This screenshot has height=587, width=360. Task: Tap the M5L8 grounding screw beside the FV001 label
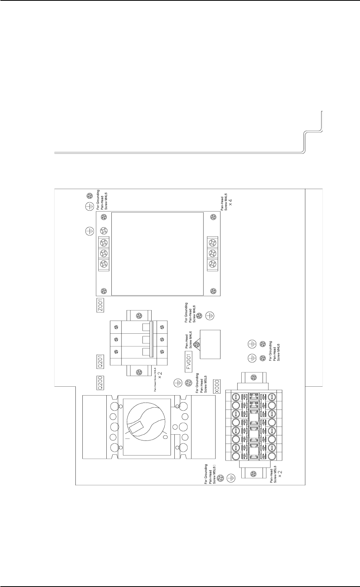click(188, 383)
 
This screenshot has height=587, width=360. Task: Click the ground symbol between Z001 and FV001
click(209, 316)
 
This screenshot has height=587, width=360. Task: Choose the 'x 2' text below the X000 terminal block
click(283, 473)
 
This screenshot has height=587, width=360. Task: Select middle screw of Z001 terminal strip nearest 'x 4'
click(212, 253)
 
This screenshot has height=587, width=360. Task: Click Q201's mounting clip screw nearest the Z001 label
click(139, 316)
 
